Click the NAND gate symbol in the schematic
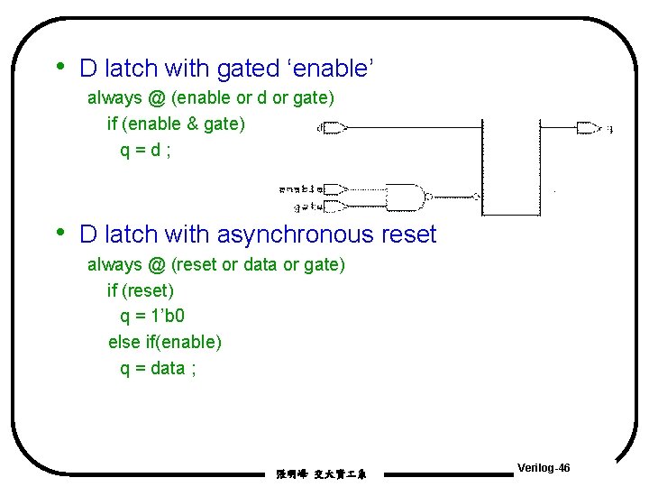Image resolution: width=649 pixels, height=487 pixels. pyautogui.click(x=404, y=196)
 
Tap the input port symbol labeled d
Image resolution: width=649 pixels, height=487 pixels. pyautogui.click(x=334, y=128)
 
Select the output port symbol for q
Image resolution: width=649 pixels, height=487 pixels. pyautogui.click(x=588, y=127)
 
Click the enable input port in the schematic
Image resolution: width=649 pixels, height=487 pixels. pyautogui.click(x=334, y=189)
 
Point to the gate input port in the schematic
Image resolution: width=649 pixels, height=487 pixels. pyautogui.click(x=334, y=207)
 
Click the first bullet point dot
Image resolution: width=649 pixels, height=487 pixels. pyautogui.click(x=59, y=66)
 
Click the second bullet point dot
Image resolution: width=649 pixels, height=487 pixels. pyautogui.click(x=59, y=233)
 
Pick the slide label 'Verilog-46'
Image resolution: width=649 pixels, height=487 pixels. pyautogui.click(x=544, y=468)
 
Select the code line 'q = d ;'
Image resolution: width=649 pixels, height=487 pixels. pyautogui.click(x=145, y=150)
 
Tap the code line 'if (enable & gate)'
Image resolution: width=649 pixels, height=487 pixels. pyautogui.click(x=176, y=124)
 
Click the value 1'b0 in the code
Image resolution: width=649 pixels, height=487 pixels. pyautogui.click(x=167, y=317)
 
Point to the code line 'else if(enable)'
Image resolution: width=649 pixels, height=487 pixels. pyautogui.click(x=165, y=342)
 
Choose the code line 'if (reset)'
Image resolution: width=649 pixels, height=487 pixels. pyautogui.click(x=141, y=290)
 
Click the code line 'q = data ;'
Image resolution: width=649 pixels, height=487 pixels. pyautogui.click(x=159, y=368)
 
